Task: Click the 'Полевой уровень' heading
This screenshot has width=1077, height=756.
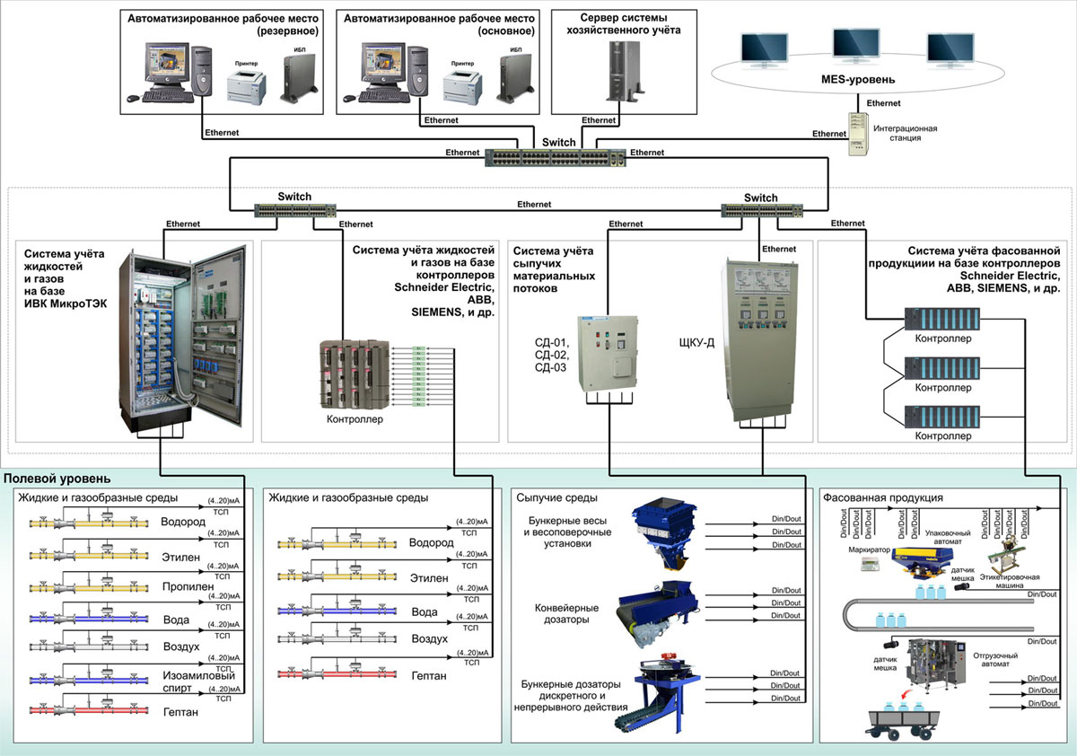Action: point(57,479)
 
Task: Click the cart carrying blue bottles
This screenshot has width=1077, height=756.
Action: point(898,718)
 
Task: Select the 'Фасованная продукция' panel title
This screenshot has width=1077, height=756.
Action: point(882,497)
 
